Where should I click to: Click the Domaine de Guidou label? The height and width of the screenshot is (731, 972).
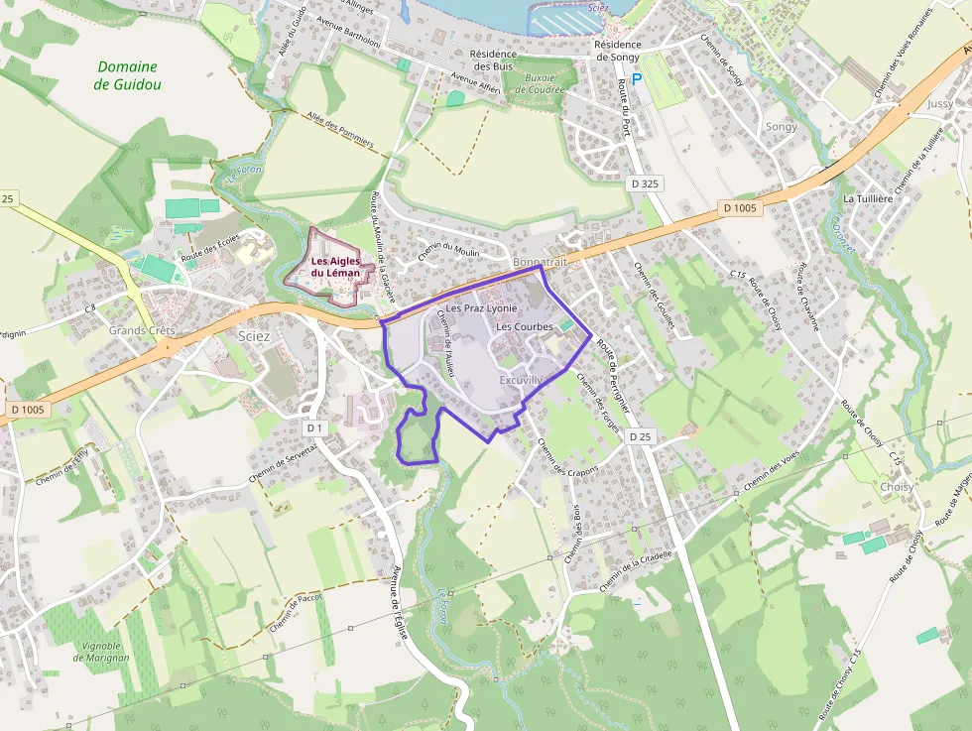(x=127, y=75)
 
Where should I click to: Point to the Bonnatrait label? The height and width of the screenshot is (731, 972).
(x=541, y=262)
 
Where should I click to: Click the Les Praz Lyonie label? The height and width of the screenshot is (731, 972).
(x=481, y=308)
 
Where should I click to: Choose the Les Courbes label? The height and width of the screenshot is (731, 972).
(x=524, y=326)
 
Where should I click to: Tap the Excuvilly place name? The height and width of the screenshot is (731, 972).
(x=522, y=380)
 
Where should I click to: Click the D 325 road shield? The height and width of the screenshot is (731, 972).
(x=644, y=183)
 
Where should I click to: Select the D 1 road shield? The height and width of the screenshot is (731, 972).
(x=315, y=427)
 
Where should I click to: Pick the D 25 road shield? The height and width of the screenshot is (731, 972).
(x=641, y=437)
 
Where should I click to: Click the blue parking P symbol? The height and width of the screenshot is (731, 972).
(x=637, y=77)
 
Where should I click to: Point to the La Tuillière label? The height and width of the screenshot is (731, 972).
(x=868, y=198)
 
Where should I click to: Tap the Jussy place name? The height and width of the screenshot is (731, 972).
(x=939, y=103)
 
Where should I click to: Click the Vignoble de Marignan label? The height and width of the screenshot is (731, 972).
(x=101, y=651)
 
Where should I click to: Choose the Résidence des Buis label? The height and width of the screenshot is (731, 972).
(x=492, y=60)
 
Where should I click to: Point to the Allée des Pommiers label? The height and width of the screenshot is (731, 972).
(x=340, y=130)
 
